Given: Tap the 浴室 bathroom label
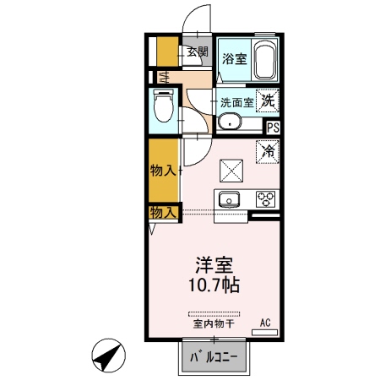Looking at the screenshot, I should click(x=234, y=59).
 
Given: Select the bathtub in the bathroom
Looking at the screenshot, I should click(x=266, y=59).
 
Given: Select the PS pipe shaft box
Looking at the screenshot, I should click(x=273, y=128).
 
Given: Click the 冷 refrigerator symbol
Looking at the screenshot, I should click(x=268, y=153).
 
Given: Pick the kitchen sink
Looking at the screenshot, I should click(x=229, y=200).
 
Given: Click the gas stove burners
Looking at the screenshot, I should click(x=266, y=200).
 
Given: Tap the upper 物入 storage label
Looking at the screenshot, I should click(x=163, y=171).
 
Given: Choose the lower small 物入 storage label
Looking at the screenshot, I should click(x=163, y=212).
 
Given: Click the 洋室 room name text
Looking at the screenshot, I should click(x=214, y=263).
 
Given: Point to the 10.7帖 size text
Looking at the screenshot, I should click(x=214, y=285).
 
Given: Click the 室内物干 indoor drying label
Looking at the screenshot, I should click(x=213, y=323).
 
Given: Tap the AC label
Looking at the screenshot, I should click(x=265, y=322).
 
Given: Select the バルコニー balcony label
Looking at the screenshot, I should click(x=214, y=357).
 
